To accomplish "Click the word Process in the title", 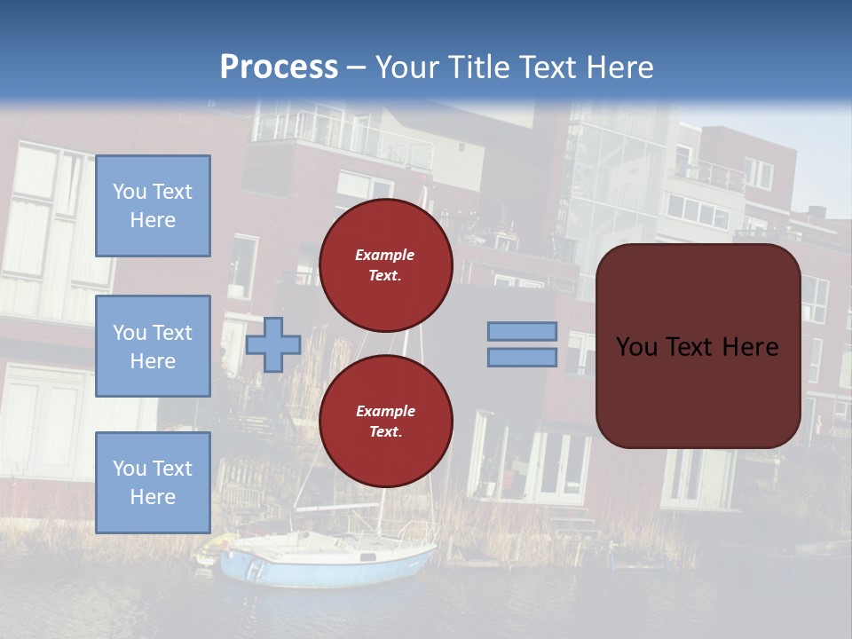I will [x=279, y=67].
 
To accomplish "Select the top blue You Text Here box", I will [x=153, y=206].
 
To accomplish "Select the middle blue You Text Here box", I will [x=153, y=346].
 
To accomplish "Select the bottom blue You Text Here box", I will [x=153, y=483].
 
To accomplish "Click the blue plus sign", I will [x=273, y=344].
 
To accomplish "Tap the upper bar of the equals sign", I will [x=523, y=331].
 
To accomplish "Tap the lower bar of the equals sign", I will [x=523, y=358].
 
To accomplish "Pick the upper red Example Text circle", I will [x=386, y=264].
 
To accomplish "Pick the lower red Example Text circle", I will [x=386, y=421].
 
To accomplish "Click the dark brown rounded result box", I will [x=698, y=346].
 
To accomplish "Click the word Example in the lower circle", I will [x=385, y=411].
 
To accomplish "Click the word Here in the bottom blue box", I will [x=153, y=497].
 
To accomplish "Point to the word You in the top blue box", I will [x=130, y=192].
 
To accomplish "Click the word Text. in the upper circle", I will [x=385, y=276].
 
